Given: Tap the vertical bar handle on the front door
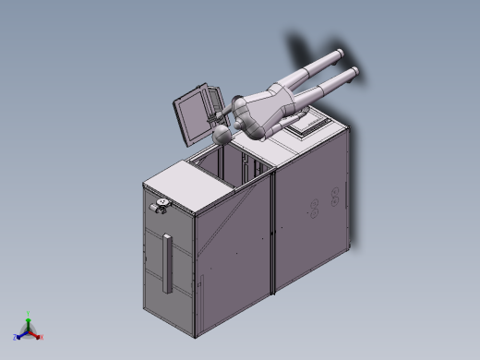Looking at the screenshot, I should pos(167,262).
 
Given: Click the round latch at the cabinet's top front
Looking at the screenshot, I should pos(163,204).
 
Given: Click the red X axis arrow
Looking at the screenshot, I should pos(38,335).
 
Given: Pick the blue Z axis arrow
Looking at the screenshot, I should pos(20,335).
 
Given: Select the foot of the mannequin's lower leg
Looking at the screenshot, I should pos(355,72).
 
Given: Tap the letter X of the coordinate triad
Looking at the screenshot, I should pos(42,338).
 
